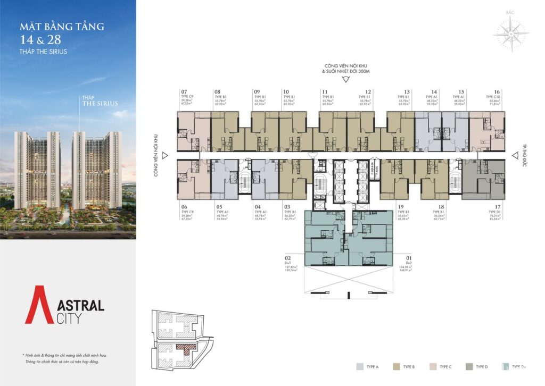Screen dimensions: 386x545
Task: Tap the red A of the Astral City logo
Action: tap(39, 305)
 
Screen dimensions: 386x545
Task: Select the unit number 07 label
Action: tap(184, 91)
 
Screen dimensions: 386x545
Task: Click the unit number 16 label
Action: tap(497, 91)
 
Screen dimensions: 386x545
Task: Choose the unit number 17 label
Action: tap(497, 205)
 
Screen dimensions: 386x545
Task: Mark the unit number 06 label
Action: tap(184, 206)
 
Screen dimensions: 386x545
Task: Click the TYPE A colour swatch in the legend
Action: tap(361, 366)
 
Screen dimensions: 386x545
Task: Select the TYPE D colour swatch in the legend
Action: tap(467, 366)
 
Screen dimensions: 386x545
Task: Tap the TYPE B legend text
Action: tap(409, 367)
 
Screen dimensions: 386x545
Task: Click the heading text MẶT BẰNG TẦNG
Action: tap(62, 26)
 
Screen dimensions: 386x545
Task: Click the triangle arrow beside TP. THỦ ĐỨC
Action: tap(515, 155)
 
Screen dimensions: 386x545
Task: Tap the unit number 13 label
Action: tap(407, 91)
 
